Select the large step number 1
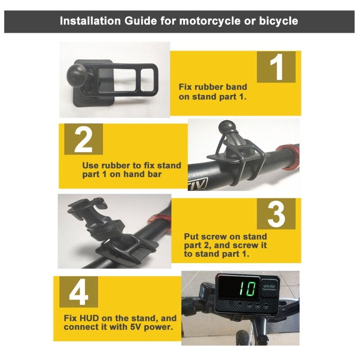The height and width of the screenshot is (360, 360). click(276, 67)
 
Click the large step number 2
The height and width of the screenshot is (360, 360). click(83, 140)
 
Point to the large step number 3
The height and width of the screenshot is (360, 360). click(276, 214)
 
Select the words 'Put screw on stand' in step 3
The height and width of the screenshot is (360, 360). click(225, 236)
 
